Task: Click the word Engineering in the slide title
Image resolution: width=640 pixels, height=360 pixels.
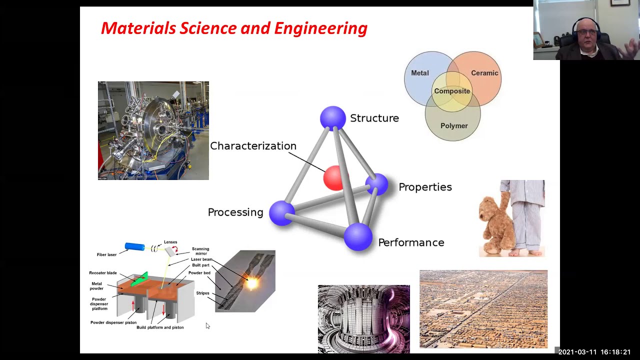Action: click(x=320, y=28)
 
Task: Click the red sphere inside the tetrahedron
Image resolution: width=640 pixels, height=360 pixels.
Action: click(x=333, y=178)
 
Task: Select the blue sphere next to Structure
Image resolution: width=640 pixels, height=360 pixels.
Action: click(x=332, y=118)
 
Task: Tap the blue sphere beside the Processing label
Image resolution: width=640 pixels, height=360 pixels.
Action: click(x=282, y=212)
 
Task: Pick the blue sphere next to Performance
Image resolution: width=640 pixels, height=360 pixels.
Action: click(x=358, y=236)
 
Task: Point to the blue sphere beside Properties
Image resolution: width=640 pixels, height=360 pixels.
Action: click(x=377, y=184)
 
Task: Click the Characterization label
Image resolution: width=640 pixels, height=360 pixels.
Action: click(x=253, y=146)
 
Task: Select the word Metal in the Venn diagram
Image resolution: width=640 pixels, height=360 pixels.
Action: click(x=419, y=73)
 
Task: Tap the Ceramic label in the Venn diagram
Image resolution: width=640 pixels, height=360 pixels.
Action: click(x=484, y=73)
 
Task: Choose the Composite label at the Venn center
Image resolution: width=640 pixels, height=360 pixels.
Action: click(x=452, y=91)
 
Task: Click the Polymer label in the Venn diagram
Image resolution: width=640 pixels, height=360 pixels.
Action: click(x=454, y=126)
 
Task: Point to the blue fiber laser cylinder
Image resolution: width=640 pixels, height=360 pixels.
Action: click(x=134, y=246)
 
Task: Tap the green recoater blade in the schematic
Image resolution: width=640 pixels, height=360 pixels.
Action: click(x=139, y=279)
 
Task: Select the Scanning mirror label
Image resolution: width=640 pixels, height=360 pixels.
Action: click(x=200, y=251)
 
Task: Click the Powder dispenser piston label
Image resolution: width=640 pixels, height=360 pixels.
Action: click(x=113, y=322)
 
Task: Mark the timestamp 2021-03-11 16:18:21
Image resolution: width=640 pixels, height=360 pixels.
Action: click(x=594, y=352)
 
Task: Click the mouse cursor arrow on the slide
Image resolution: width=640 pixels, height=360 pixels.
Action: click(x=207, y=326)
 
